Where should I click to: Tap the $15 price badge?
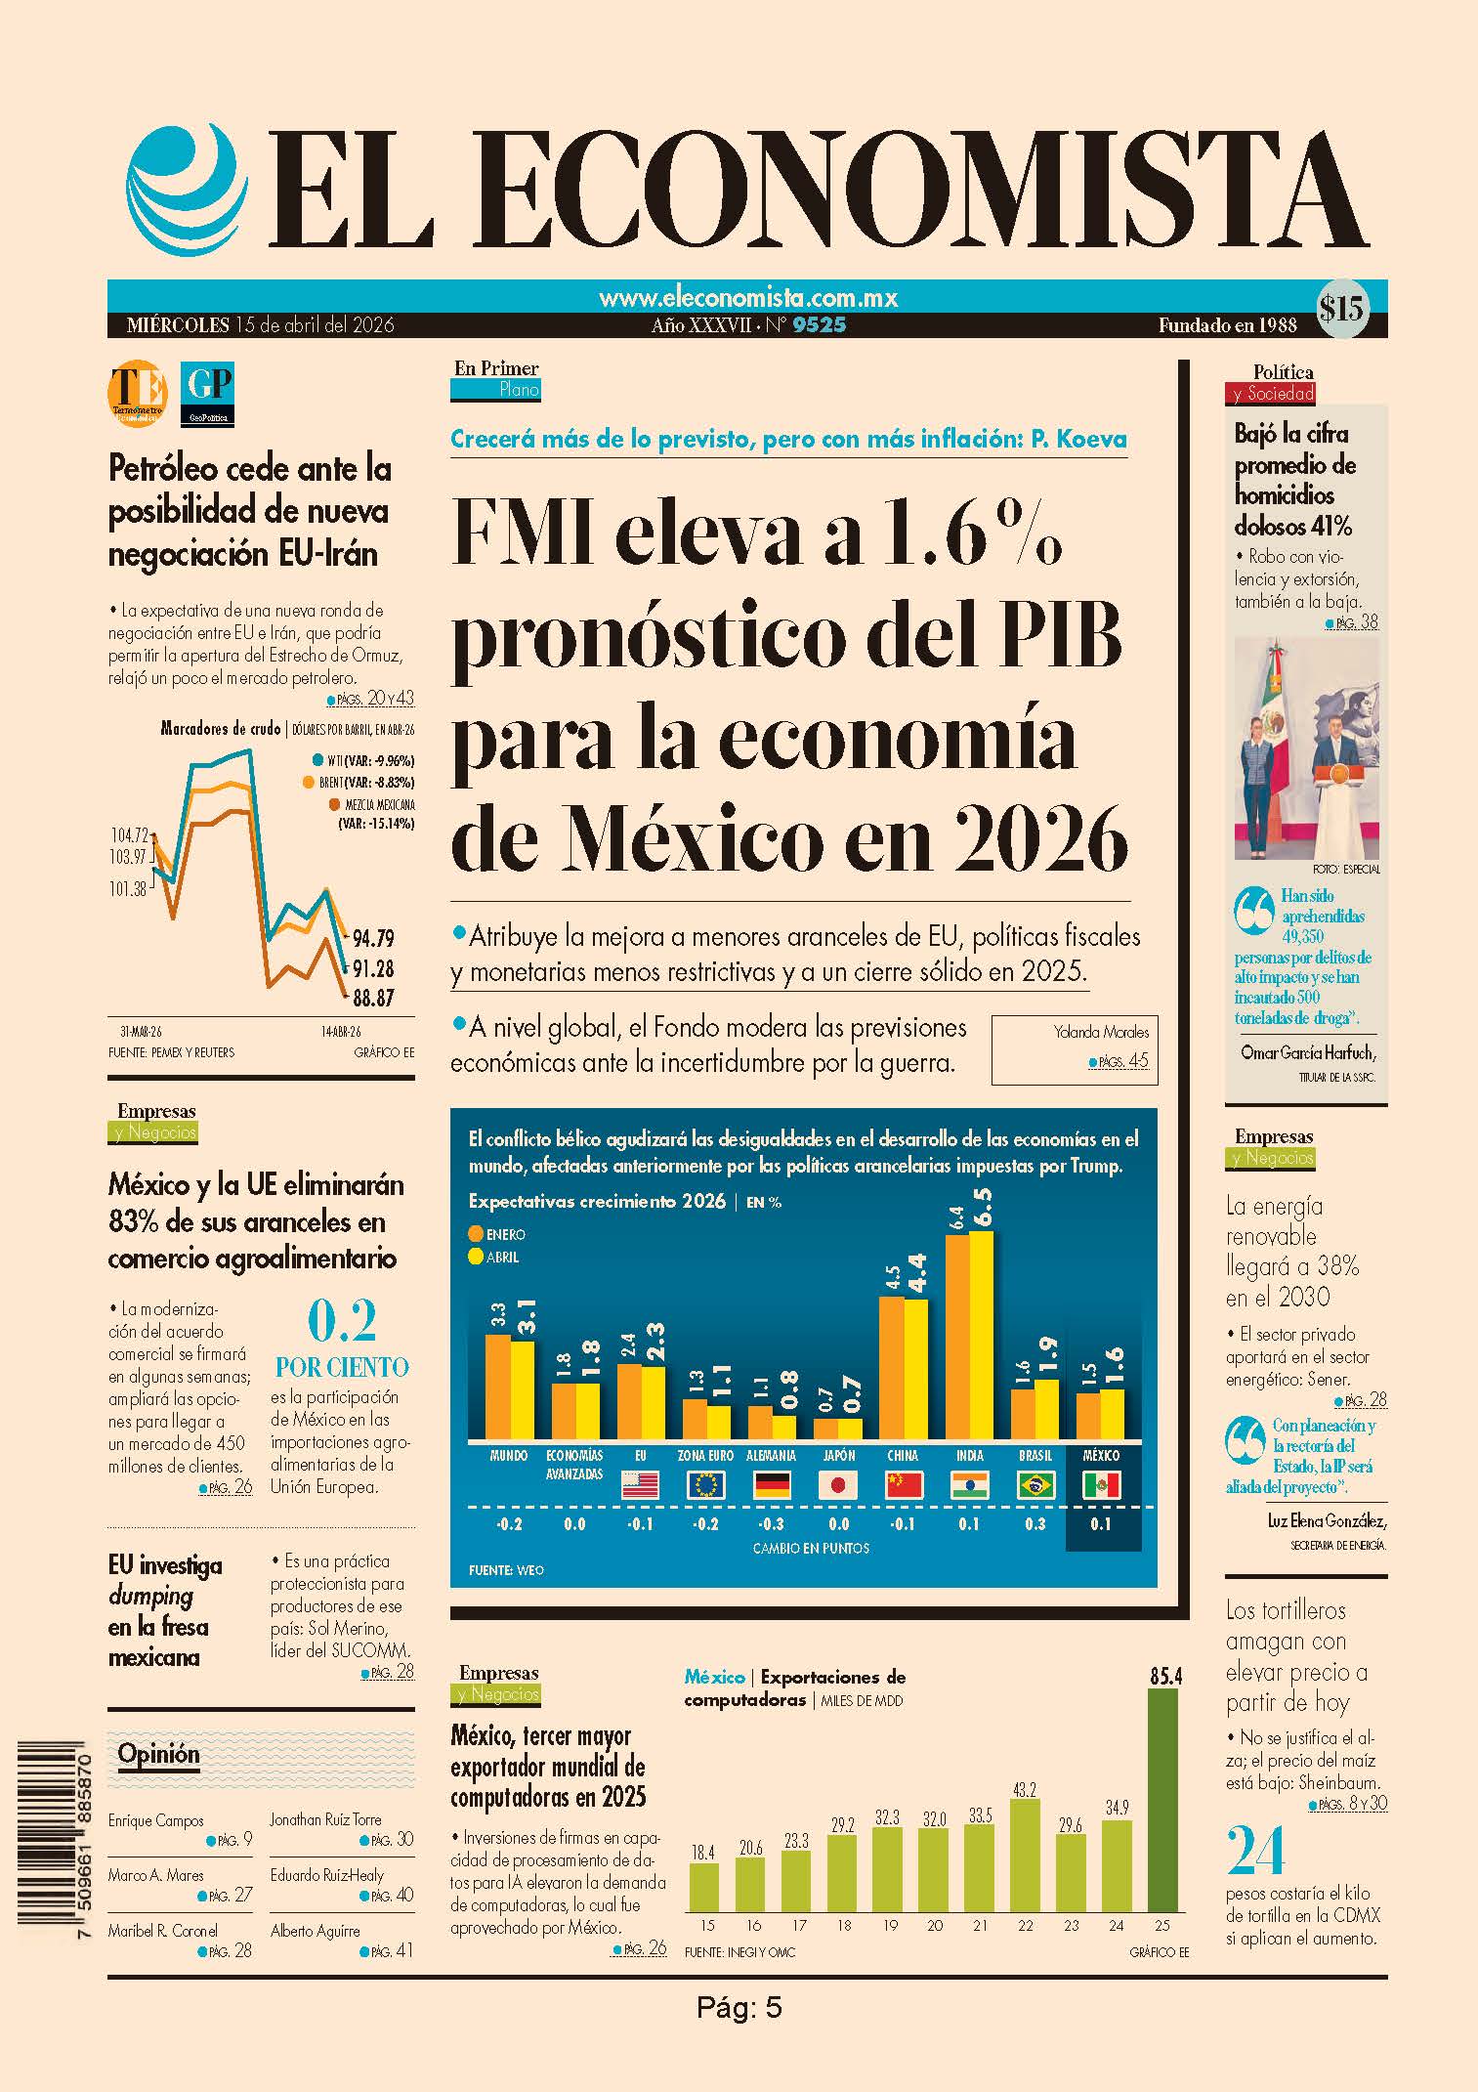1341,309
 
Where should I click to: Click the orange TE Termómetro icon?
137,394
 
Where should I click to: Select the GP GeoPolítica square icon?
207,394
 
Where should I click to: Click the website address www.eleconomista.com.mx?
747,297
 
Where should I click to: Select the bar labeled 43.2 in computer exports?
1025,1856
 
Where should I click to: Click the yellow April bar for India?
981,1335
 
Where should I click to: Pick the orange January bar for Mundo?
497,1387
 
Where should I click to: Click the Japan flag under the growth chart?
837,1486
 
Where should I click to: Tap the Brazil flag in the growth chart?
1035,1486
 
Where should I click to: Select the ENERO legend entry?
497,1234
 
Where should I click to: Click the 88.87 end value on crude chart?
373,998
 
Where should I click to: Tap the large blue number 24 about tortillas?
1255,1851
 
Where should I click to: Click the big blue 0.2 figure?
342,1322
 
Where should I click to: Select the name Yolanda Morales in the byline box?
1101,1032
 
